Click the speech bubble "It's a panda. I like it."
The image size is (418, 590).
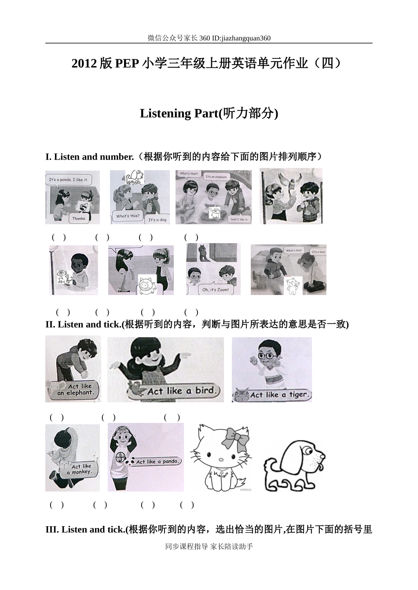click(x=68, y=179)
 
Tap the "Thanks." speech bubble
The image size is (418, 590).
click(x=79, y=218)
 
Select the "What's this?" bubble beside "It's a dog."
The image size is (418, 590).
click(x=127, y=216)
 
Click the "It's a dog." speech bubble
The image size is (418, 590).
click(x=157, y=219)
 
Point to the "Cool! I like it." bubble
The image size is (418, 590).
click(x=239, y=219)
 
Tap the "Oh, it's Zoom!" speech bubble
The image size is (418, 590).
click(x=215, y=290)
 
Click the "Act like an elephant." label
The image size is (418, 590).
click(x=75, y=390)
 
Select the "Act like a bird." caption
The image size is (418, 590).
click(x=180, y=390)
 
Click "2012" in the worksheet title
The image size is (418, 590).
click(x=84, y=64)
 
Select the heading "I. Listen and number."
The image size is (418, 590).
click(x=90, y=157)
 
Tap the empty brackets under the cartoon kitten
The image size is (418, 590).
click(x=148, y=505)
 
